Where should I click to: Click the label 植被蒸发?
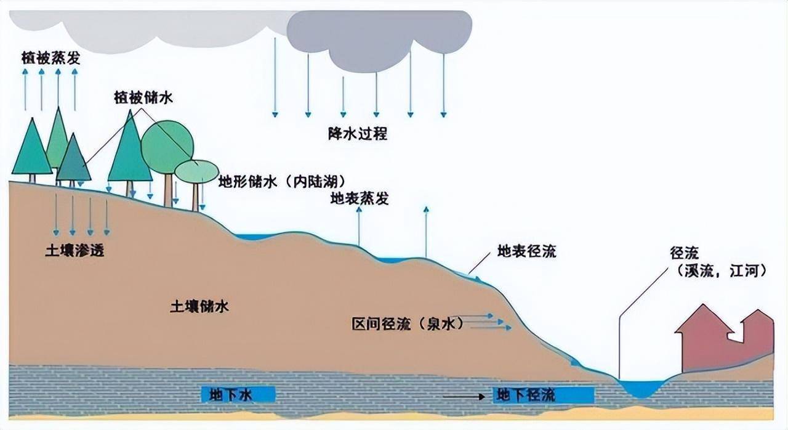[51, 58]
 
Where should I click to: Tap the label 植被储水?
[143, 97]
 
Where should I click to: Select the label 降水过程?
[358, 134]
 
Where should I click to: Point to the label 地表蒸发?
[360, 199]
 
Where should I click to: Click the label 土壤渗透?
[75, 251]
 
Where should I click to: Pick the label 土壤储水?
[199, 307]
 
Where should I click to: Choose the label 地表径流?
[526, 251]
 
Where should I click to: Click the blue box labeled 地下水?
[238, 394]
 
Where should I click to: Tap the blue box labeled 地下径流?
[544, 395]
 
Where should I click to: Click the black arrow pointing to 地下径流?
[464, 397]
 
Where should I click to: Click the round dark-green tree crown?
[167, 147]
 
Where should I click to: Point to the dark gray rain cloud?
[379, 39]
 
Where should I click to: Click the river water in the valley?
[642, 387]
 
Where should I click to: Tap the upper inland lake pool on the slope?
[252, 237]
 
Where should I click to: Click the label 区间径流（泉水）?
[408, 323]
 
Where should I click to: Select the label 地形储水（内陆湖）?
[282, 182]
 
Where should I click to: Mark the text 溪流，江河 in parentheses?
[722, 271]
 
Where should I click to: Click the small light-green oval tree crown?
[196, 172]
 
